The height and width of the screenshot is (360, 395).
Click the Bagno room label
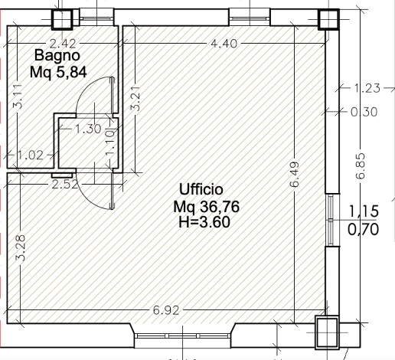pos(57,55)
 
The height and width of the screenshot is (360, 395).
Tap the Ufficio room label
pos(201,189)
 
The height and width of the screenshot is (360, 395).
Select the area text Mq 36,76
pos(207,207)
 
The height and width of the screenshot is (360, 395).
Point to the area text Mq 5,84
pos(58,72)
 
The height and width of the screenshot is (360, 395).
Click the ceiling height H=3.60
pos(204,221)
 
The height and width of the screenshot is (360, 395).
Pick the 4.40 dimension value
pos(224,44)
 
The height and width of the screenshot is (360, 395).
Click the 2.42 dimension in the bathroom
pos(63,44)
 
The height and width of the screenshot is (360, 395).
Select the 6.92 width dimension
pos(166,310)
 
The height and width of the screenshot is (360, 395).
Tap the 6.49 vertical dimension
pos(295,175)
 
